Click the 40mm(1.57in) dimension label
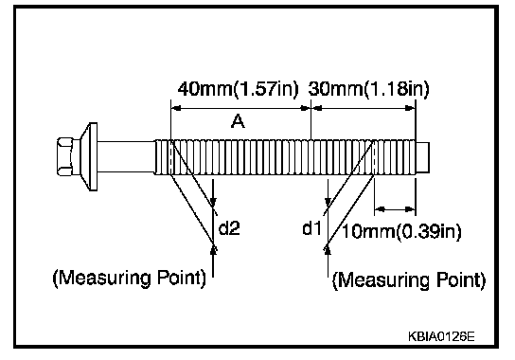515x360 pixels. coord(239,89)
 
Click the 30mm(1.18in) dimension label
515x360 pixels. coord(368,89)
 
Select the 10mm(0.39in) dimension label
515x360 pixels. coord(401,231)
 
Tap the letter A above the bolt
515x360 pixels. coord(238,121)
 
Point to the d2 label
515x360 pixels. coord(229,227)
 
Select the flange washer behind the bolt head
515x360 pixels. coord(89,157)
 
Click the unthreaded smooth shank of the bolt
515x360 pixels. coord(126,157)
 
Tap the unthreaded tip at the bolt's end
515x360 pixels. coord(423,157)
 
